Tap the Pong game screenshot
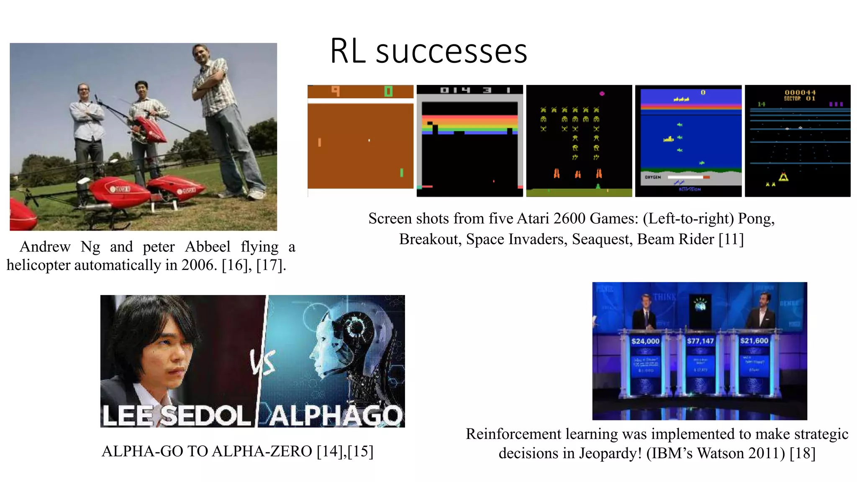(360, 141)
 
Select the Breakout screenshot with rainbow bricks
(470, 141)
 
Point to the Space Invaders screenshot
(579, 141)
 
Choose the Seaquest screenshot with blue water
(688, 141)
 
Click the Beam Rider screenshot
(798, 141)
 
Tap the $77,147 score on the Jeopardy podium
(700, 341)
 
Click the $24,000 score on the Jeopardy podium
(645, 341)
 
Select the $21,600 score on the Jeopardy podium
(754, 341)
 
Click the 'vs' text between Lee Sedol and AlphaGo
(263, 362)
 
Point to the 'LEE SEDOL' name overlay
(176, 415)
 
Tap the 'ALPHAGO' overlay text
(335, 415)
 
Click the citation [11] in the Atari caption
(731, 239)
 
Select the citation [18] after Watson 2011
(802, 453)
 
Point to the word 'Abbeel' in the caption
(208, 247)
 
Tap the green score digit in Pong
(388, 91)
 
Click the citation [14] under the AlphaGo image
(329, 451)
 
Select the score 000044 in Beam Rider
(800, 92)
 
